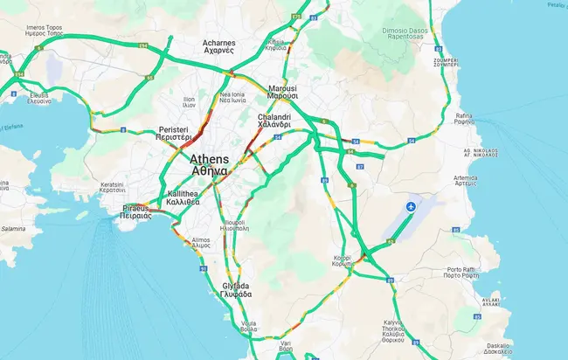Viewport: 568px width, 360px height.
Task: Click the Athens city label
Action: [210, 165]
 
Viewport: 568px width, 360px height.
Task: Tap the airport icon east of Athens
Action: [412, 206]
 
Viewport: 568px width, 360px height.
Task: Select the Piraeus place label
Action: [136, 212]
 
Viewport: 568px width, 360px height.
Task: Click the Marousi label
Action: [282, 93]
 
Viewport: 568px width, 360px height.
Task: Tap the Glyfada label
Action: [237, 290]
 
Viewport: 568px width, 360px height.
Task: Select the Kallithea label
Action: [184, 197]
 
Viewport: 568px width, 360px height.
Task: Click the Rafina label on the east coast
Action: [464, 119]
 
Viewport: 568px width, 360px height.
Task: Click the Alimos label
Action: [200, 244]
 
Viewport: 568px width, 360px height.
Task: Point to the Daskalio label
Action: [500, 347]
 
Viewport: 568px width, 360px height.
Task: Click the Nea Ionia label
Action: [232, 97]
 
